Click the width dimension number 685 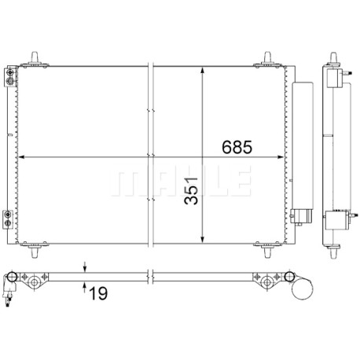pos(237,147)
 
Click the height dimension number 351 pos(191,191)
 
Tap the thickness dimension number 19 pos(98,293)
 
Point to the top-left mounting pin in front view pos(35,59)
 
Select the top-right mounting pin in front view pos(267,59)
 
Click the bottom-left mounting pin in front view pos(35,249)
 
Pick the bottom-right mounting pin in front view pos(267,249)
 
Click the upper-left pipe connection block pos(10,76)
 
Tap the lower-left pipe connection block pos(8,219)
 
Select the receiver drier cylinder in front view pos(303,149)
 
